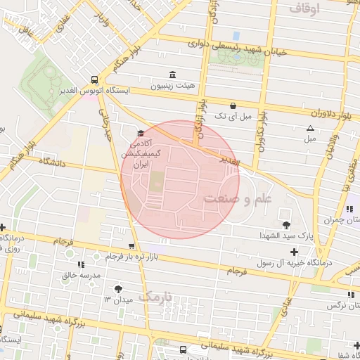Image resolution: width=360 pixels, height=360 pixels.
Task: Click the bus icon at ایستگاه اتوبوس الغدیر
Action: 95,79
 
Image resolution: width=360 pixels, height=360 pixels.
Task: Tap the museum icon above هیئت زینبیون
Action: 172,75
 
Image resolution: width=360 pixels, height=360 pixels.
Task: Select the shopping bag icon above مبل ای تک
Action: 232,105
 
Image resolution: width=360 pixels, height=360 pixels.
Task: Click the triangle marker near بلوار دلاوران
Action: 310,128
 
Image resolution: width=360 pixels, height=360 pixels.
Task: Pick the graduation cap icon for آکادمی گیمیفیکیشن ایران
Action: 141,133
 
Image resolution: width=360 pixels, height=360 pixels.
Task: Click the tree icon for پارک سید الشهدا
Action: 286,225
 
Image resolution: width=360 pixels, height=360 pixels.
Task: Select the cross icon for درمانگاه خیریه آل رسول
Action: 294,251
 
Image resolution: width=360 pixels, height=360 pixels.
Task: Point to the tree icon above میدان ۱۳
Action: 117,288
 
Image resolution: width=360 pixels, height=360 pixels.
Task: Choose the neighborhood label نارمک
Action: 165,297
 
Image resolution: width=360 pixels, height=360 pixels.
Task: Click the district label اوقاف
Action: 304,9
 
